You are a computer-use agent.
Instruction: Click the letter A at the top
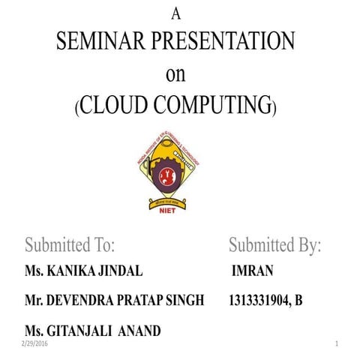click(x=177, y=13)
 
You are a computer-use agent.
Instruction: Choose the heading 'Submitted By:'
click(x=274, y=245)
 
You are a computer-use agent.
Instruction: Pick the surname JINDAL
click(x=121, y=271)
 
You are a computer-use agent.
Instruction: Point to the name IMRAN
click(x=253, y=271)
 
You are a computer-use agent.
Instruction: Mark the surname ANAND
click(x=142, y=331)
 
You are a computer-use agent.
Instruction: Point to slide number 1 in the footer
click(x=337, y=343)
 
